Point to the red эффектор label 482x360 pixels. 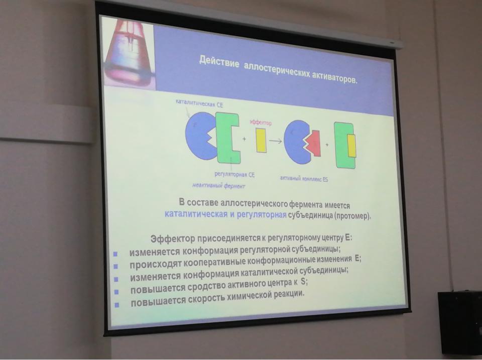(261, 123)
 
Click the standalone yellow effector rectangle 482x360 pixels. (261, 140)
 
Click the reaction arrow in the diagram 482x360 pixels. (276, 141)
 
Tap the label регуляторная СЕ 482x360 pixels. (234, 175)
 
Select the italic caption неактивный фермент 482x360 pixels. (218, 185)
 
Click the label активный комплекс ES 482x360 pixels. (304, 179)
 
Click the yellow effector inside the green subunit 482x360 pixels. (351, 146)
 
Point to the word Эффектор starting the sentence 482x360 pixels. (172, 238)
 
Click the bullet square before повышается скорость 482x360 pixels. (117, 305)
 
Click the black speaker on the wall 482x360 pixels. (460, 323)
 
